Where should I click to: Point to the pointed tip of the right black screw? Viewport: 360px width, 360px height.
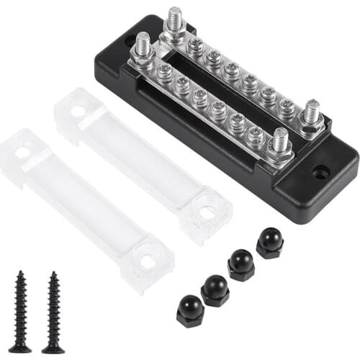[53, 350]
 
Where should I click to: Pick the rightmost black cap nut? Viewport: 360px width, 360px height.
[270, 243]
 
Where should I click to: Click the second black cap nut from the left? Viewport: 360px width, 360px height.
[215, 289]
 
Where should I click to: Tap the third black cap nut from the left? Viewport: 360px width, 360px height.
[241, 266]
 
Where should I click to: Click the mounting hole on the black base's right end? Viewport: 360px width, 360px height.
[320, 172]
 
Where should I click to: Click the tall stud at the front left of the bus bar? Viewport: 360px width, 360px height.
[143, 49]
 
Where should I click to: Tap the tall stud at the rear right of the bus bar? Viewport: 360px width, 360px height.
[311, 115]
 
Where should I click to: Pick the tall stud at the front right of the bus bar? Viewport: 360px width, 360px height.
[280, 143]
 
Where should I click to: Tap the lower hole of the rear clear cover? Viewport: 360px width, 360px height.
[207, 212]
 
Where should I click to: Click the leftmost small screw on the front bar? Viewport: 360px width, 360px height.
[164, 73]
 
